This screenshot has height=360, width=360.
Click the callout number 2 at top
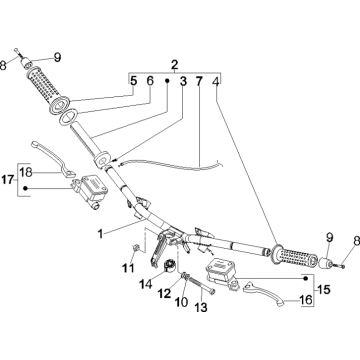175,64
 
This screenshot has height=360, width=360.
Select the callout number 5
133,81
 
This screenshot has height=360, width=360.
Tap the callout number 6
150,81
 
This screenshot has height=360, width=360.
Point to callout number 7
199,81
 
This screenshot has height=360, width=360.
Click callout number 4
216,81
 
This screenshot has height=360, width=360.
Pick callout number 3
183,81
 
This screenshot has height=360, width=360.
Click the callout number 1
100,234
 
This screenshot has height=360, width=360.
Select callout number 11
128,268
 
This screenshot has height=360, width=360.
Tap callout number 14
146,284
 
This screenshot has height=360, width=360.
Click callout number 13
201,307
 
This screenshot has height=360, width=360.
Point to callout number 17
8,180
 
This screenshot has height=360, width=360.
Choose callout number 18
26,172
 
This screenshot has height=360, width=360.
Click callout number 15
322,289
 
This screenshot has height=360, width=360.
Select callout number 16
306,300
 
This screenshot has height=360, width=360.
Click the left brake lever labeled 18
53,158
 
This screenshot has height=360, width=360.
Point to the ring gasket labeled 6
69,117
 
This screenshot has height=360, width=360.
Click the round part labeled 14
170,266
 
